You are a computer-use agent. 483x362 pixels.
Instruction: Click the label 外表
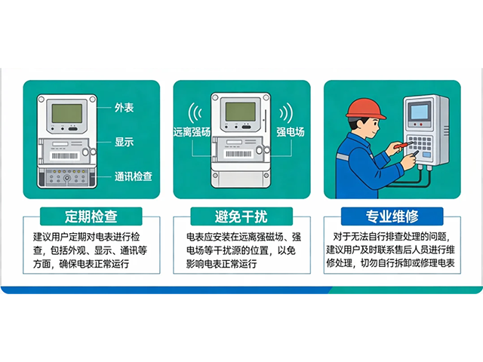pyautogui.click(x=124, y=107)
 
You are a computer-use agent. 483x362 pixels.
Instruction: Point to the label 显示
pyautogui.click(x=124, y=141)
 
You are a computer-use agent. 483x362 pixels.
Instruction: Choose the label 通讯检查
pyautogui.click(x=134, y=176)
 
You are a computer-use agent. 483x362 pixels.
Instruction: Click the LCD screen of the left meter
pyautogui.click(x=66, y=114)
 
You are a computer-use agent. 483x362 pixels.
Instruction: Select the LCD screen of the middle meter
pyautogui.click(x=240, y=112)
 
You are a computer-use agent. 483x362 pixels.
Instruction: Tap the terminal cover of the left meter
pyautogui.click(x=66, y=176)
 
